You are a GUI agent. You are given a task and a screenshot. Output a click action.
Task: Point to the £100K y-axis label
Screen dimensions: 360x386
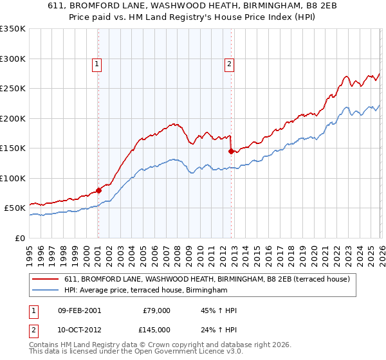click(13, 178)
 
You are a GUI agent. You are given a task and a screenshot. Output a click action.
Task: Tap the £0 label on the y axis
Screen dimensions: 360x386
click(20, 238)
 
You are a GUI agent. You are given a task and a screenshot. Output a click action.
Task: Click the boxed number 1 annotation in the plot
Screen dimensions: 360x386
click(96, 63)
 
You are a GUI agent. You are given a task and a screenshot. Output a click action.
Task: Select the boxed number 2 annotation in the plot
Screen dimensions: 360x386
click(229, 63)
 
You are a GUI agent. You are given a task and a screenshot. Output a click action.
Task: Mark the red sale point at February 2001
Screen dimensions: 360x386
click(99, 190)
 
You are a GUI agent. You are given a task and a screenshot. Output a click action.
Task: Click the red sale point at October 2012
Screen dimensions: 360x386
click(231, 151)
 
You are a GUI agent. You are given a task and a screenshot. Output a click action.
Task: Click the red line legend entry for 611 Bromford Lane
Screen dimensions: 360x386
click(207, 279)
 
